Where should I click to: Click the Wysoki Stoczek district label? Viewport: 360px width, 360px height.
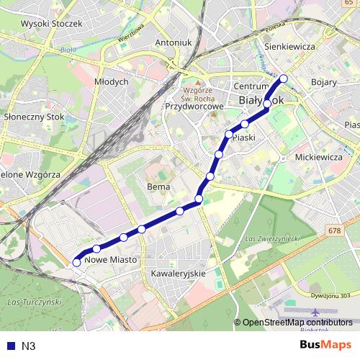click(53, 23)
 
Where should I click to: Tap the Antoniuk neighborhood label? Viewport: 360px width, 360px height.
click(174, 42)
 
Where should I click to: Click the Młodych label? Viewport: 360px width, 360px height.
click(112, 82)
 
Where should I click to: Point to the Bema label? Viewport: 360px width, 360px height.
click(158, 186)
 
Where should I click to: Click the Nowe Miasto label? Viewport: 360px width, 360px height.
click(110, 259)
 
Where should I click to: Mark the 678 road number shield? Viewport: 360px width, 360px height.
click(333, 230)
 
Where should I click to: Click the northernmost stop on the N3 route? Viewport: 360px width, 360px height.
click(284, 79)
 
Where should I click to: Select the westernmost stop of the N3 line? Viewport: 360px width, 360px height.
click(76, 263)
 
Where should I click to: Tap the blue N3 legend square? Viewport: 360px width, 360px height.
click(11, 346)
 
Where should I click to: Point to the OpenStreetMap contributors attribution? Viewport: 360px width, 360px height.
click(296, 322)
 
